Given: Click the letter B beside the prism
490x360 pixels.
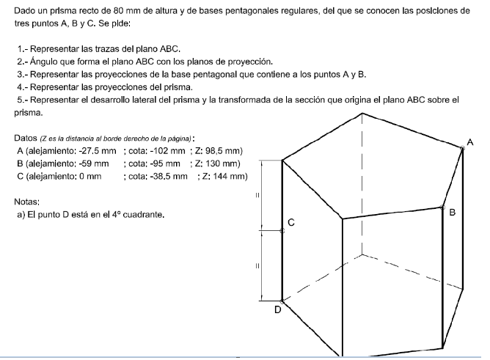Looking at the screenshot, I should coord(452,213).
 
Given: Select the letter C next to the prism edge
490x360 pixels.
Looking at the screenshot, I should coord(291,221).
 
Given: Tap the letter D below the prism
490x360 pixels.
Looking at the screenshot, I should coord(277,310).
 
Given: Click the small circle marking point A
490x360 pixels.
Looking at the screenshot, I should coord(462,148).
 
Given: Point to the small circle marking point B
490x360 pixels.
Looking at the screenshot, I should coord(442,207).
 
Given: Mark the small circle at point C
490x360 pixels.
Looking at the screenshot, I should coord(282,230).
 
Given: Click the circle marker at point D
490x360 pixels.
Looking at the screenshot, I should coord(282,301).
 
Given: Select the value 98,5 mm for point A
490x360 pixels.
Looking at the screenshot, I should coord(222,151).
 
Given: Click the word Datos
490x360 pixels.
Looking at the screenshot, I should coord(26,138).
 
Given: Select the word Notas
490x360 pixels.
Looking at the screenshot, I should coord(26,201).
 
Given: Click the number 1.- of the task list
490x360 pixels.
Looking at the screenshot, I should coord(22,49).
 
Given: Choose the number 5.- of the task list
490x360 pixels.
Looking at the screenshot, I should coord(22,100).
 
